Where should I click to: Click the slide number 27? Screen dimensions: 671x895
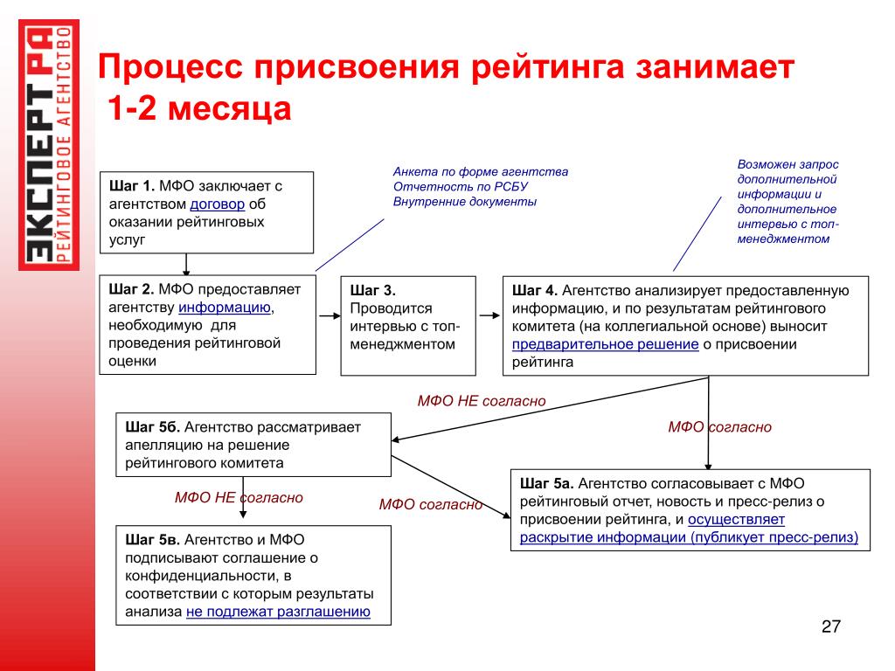pyautogui.click(x=830, y=626)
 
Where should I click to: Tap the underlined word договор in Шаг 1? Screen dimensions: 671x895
pyautogui.click(x=218, y=204)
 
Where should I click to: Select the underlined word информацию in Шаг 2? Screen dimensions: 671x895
pyautogui.click(x=225, y=308)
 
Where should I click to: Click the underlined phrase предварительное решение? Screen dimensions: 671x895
pyautogui.click(x=605, y=344)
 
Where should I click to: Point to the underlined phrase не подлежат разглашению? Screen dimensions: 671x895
pyautogui.click(x=278, y=612)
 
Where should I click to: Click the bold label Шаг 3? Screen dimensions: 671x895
pyautogui.click(x=373, y=291)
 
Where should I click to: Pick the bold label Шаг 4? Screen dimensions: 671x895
pyautogui.click(x=535, y=291)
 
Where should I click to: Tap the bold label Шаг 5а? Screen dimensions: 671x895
pyautogui.click(x=546, y=483)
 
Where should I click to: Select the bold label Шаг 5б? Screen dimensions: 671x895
pyautogui.click(x=153, y=426)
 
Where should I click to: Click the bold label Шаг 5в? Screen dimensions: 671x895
pyautogui.click(x=152, y=541)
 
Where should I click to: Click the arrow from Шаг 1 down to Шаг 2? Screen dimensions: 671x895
pyautogui.click(x=186, y=265)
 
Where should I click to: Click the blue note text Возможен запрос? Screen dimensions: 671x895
pyautogui.click(x=787, y=164)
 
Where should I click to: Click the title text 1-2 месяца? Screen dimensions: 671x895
pyautogui.click(x=199, y=110)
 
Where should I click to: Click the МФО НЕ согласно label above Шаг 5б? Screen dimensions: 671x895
pyautogui.click(x=481, y=400)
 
